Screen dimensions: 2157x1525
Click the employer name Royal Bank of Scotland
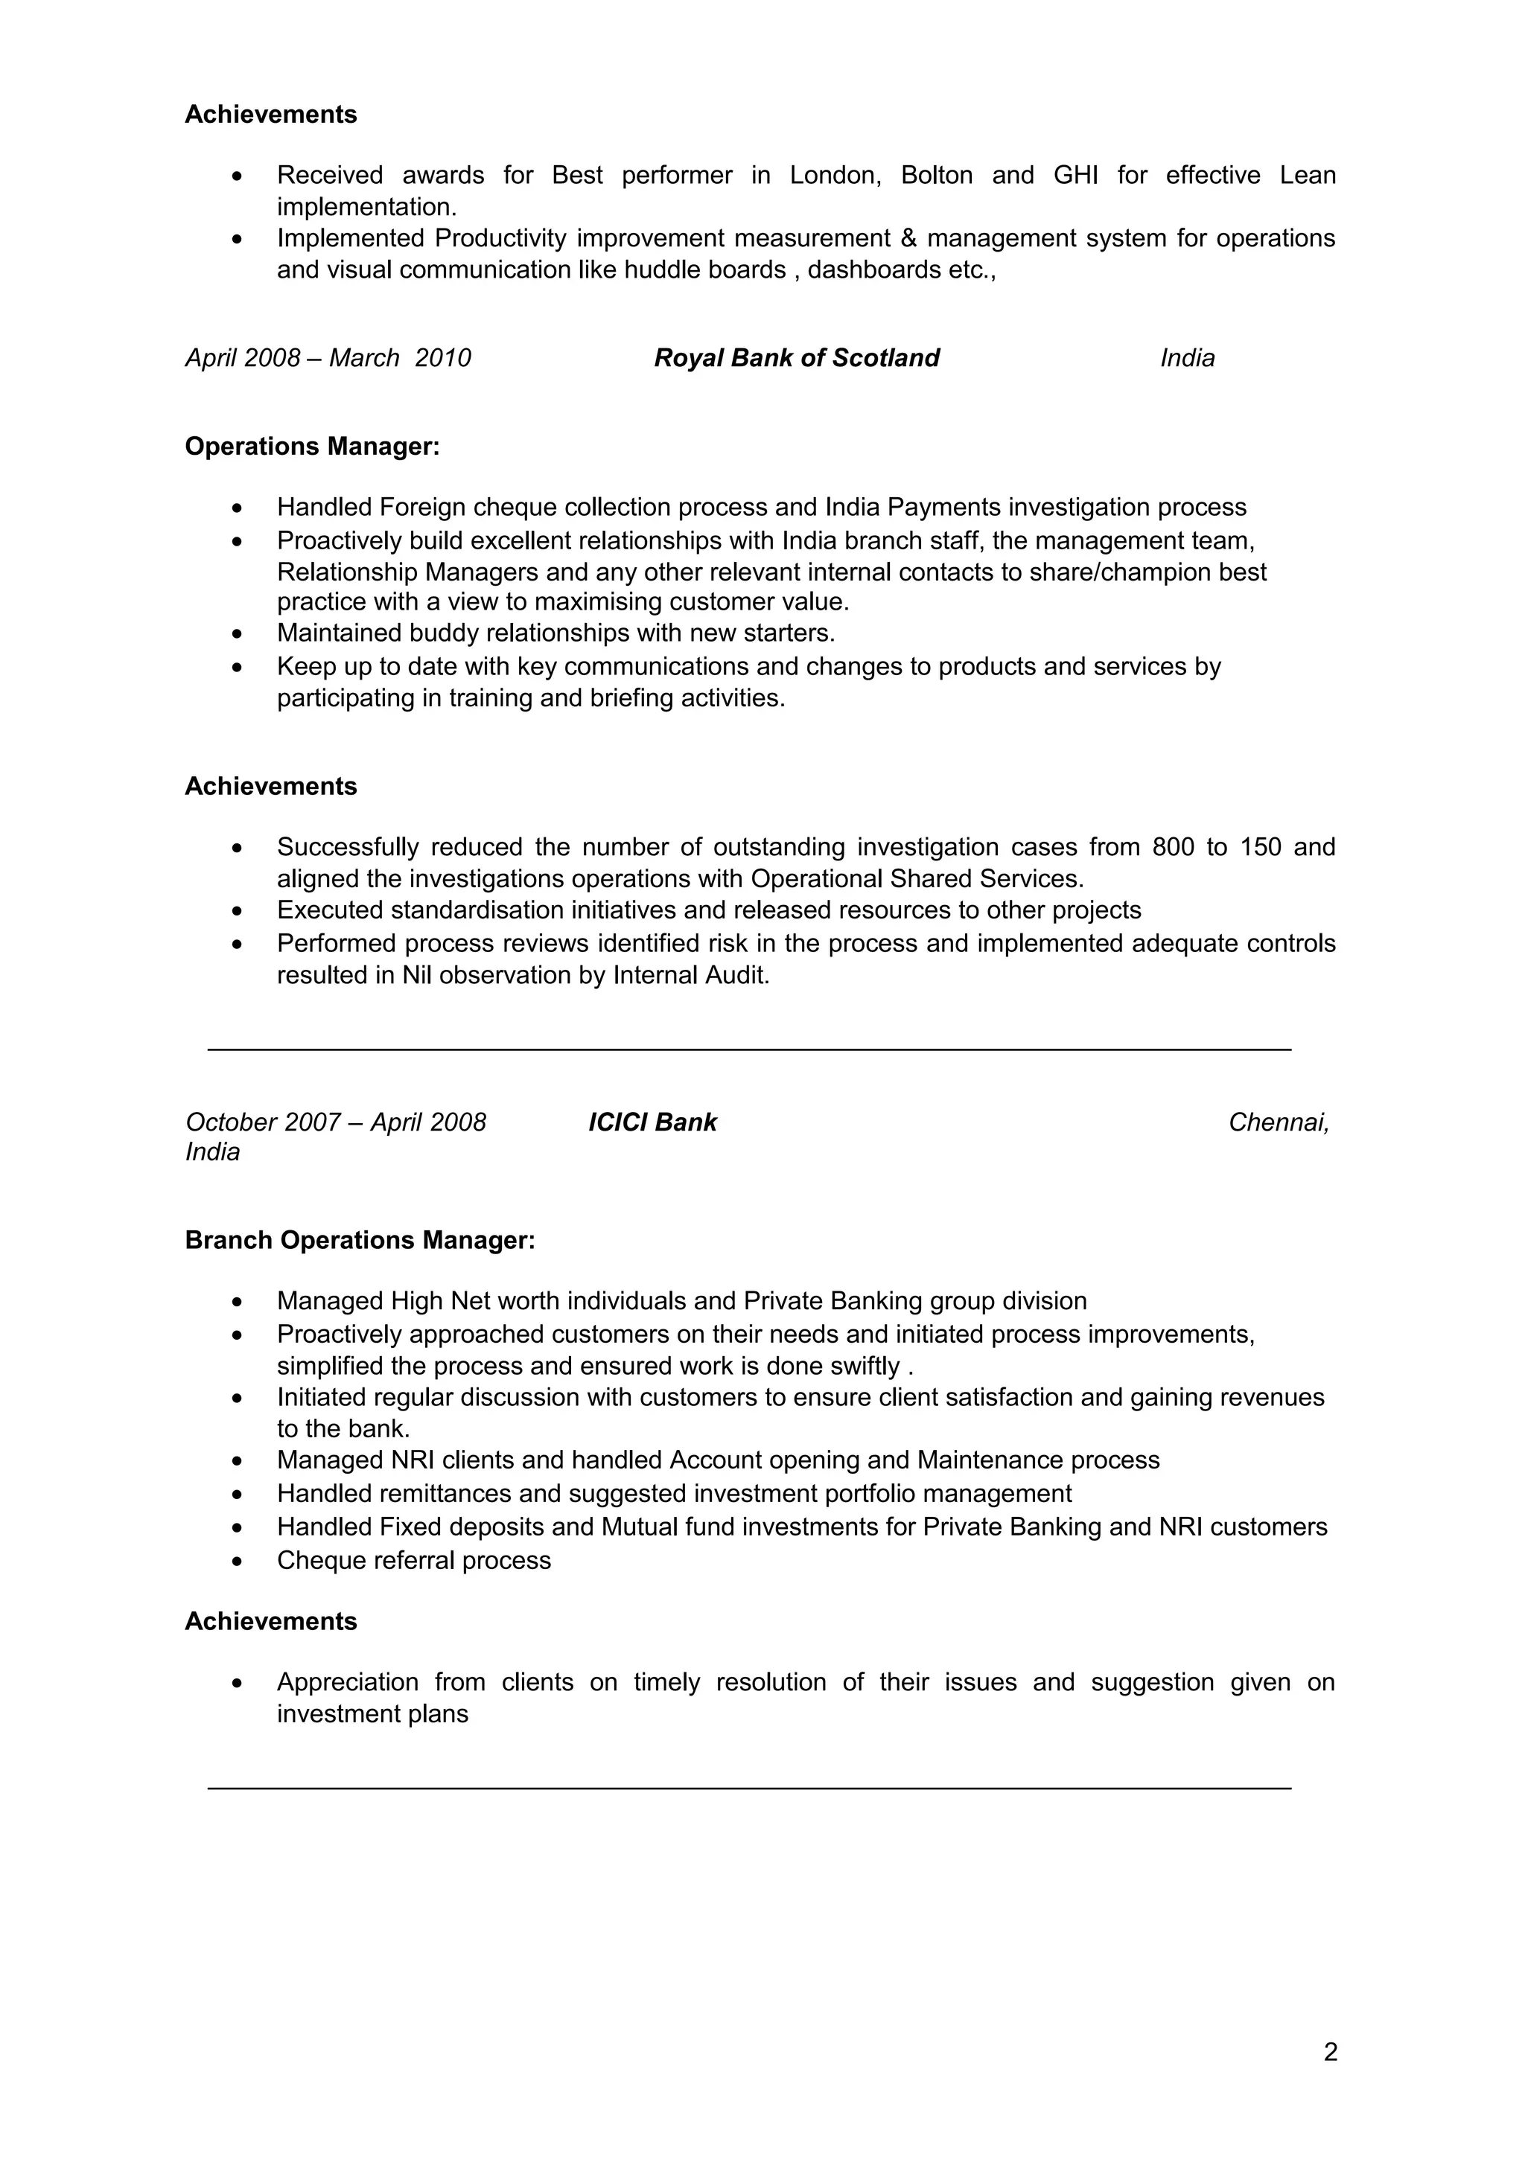pyautogui.click(x=796, y=358)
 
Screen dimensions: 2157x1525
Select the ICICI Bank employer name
pyautogui.click(x=652, y=1122)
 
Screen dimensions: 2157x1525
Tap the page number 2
pyautogui.click(x=1330, y=2053)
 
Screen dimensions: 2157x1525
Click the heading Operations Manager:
pyautogui.click(x=312, y=447)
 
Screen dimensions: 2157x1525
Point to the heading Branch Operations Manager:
pyautogui.click(x=360, y=1240)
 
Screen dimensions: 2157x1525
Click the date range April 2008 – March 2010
pyautogui.click(x=328, y=358)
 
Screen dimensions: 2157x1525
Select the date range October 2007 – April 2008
pyautogui.click(x=335, y=1122)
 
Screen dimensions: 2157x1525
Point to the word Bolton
pyautogui.click(x=936, y=176)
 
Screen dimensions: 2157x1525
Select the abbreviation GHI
pyautogui.click(x=1075, y=176)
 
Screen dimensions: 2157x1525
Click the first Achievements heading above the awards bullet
pyautogui.click(x=270, y=115)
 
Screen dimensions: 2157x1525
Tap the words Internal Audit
pyautogui.click(x=690, y=975)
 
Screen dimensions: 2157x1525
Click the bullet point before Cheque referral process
pyautogui.click(x=238, y=1562)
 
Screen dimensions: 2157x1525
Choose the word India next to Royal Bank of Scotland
pyautogui.click(x=1187, y=358)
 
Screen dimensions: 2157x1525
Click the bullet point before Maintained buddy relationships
pyautogui.click(x=238, y=634)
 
